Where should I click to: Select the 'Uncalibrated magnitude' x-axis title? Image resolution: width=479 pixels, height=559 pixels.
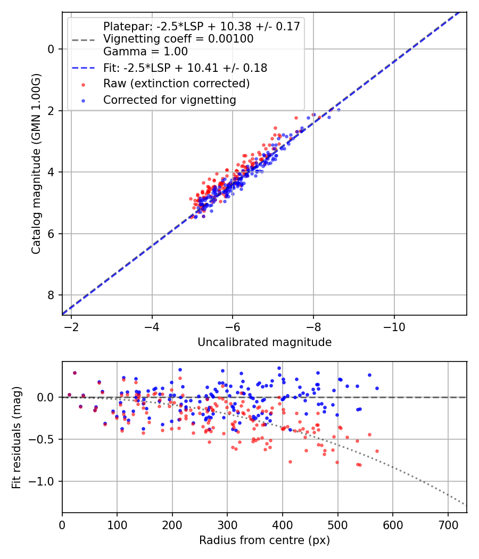265,342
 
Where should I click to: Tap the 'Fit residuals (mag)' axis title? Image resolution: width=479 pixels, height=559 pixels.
16,437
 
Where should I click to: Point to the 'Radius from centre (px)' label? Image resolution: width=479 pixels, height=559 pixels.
265,540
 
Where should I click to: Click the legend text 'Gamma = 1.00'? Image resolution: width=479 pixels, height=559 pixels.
145,52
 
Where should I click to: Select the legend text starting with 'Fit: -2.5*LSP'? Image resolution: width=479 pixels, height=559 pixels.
185,68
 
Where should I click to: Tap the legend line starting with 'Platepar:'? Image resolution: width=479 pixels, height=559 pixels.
202,26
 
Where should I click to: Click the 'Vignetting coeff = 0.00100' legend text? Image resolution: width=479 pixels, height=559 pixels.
178,39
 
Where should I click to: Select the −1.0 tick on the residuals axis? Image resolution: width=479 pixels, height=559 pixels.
45,481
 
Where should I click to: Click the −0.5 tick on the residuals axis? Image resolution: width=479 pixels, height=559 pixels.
45,439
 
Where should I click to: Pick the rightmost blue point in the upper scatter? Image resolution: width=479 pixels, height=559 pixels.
338,110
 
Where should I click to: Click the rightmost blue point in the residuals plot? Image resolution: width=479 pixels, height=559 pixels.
377,388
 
